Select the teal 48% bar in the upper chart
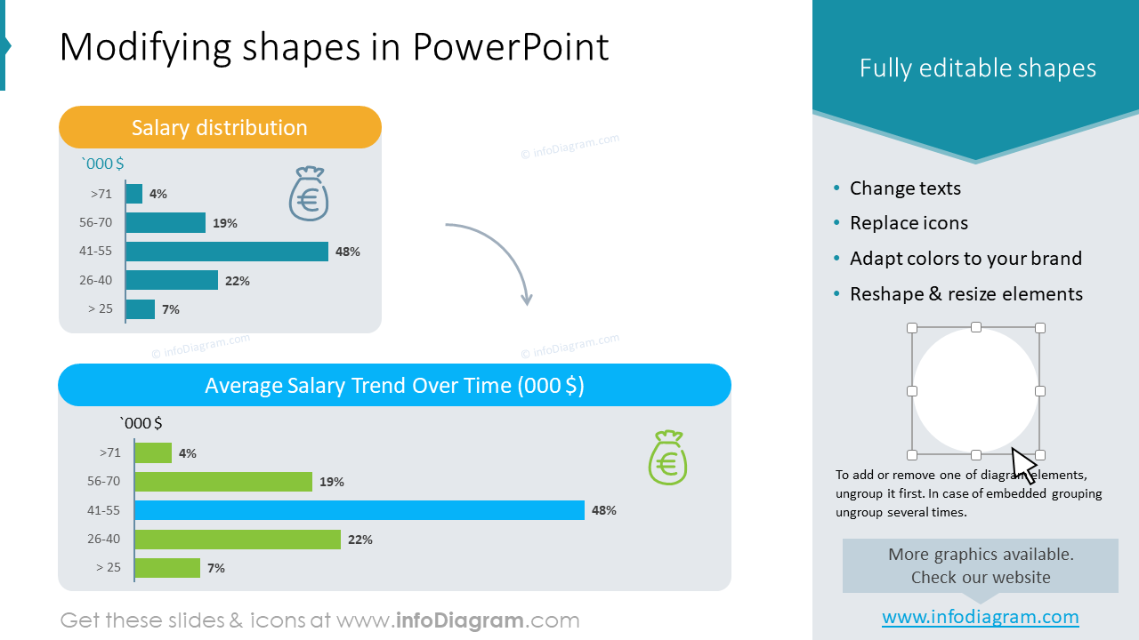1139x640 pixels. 227,252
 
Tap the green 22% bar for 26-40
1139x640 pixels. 238,539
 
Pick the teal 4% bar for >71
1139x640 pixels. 134,194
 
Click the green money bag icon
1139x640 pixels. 667,458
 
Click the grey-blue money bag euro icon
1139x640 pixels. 309,194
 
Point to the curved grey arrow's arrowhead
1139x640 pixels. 526,299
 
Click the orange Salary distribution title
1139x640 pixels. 220,127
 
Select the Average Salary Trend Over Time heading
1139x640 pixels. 394,385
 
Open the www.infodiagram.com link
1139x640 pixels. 980,617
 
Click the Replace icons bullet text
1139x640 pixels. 909,223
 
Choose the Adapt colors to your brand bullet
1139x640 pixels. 965,259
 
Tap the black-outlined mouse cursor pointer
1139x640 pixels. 1023,465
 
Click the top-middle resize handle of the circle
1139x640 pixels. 976,328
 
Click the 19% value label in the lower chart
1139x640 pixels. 332,482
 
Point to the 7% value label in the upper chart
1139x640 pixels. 171,309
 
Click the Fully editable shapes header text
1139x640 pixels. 977,68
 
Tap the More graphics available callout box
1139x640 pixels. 980,565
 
